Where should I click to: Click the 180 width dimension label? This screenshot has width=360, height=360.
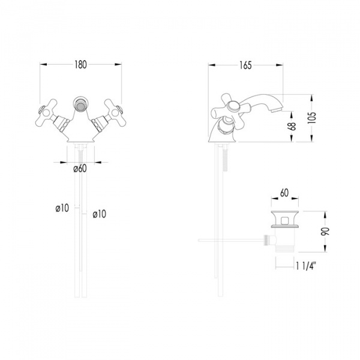coord(80,65)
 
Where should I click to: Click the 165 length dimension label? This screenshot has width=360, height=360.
coord(245,65)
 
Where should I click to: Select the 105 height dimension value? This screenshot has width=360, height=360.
coord(312,118)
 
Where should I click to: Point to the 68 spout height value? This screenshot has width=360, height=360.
coord(292,126)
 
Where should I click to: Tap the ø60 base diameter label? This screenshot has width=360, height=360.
coord(80,169)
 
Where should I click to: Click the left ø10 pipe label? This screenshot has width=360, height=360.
coord(62,208)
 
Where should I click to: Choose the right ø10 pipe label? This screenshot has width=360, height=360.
coord(100,214)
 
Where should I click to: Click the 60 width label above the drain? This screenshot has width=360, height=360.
coord(284,193)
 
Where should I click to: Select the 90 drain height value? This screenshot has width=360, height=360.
coord(325,232)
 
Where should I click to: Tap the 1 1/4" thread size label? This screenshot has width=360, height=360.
coord(306,266)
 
